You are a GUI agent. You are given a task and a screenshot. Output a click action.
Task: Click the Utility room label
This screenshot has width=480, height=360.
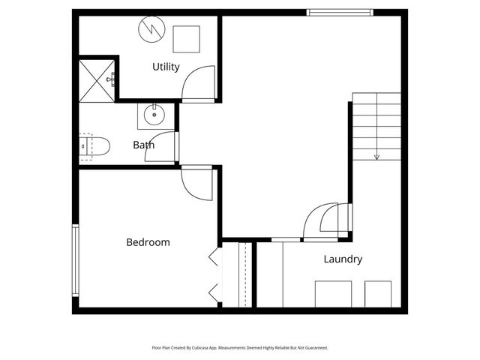point(166,67)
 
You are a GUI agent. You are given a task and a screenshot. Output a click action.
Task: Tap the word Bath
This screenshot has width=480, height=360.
point(144,145)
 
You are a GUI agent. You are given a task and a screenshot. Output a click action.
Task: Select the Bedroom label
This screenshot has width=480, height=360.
point(148,242)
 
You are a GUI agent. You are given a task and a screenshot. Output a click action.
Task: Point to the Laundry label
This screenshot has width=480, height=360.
point(343,259)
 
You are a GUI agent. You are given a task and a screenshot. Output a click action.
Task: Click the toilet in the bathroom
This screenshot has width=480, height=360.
point(95,145)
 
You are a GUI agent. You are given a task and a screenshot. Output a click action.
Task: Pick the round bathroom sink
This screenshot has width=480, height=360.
point(154,115)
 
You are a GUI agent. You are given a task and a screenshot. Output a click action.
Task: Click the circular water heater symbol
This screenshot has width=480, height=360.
point(150,31)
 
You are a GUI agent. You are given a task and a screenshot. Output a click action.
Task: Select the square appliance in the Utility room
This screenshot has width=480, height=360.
point(186,39)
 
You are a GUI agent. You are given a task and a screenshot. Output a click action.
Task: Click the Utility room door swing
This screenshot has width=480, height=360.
point(199,82)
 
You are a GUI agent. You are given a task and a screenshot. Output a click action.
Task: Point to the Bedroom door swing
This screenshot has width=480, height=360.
point(197,183)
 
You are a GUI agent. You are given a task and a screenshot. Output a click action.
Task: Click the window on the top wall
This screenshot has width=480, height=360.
point(340,12)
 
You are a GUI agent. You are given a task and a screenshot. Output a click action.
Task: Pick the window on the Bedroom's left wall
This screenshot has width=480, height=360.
point(75,259)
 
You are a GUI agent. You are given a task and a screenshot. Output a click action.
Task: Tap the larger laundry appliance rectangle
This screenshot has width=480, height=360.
point(334,293)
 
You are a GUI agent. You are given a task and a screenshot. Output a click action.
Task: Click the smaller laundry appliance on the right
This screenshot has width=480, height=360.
point(378,293)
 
